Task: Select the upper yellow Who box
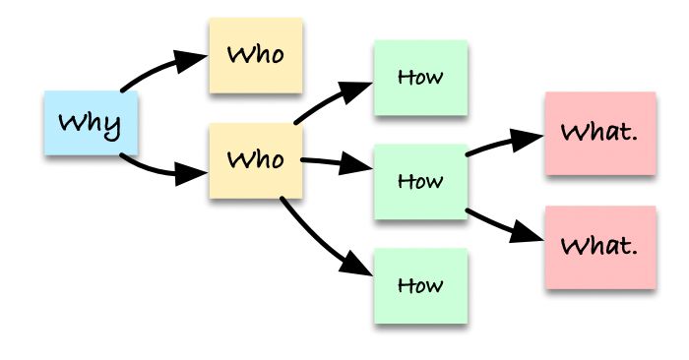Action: pyautogui.click(x=255, y=55)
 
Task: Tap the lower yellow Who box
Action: pyautogui.click(x=255, y=158)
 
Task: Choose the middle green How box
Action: pyautogui.click(x=420, y=182)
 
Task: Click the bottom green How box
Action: pyautogui.click(x=420, y=286)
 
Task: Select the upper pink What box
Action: pyautogui.click(x=599, y=133)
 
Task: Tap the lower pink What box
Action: pyautogui.click(x=599, y=247)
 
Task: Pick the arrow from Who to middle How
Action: pyautogui.click(x=330, y=162)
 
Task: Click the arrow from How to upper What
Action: pyautogui.click(x=502, y=144)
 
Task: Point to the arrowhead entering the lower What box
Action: pyautogui.click(x=532, y=236)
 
